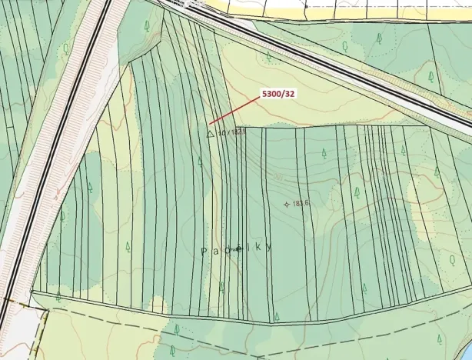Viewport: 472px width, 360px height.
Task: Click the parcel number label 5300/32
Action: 278,94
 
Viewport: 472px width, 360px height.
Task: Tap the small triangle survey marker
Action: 210,133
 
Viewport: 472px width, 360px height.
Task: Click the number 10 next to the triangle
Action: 221,132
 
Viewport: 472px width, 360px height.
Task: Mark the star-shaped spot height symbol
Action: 287,204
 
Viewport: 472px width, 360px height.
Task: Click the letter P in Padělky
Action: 204,252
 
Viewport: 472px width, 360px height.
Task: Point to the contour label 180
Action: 278,178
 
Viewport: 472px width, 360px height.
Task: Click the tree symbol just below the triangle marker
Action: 200,162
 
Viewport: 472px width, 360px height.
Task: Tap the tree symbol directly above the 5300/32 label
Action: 268,56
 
